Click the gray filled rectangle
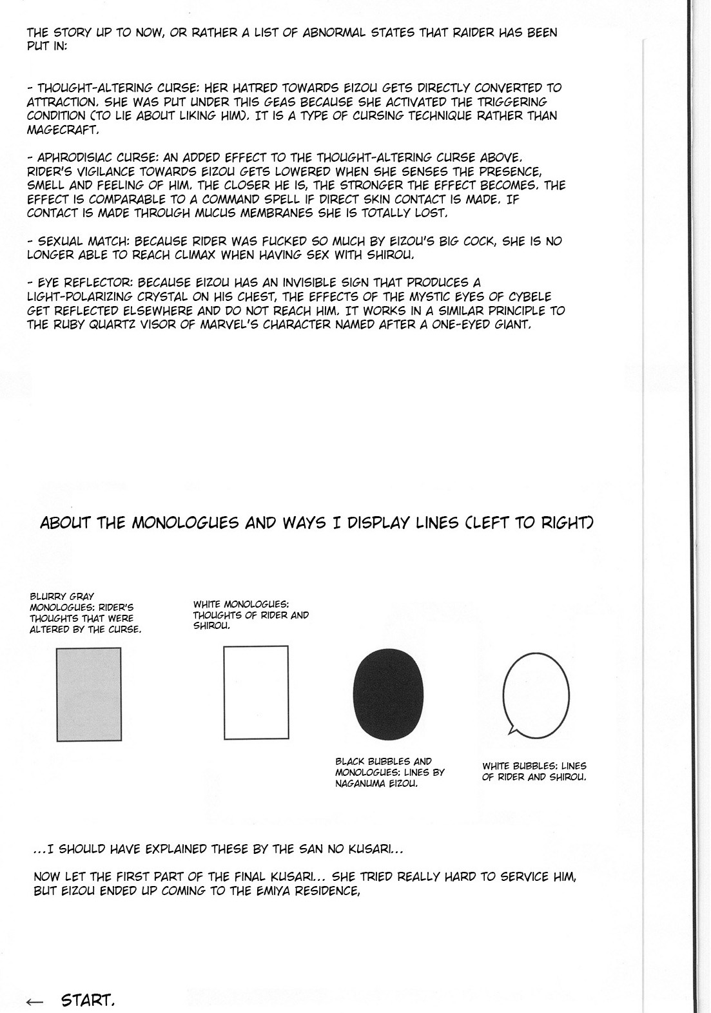pos(88,694)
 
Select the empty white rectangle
pos(256,692)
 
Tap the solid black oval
pos(388,697)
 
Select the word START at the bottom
pos(88,1001)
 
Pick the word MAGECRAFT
pos(63,130)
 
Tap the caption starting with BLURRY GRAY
pos(85,613)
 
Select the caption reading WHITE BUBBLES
pos(534,771)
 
